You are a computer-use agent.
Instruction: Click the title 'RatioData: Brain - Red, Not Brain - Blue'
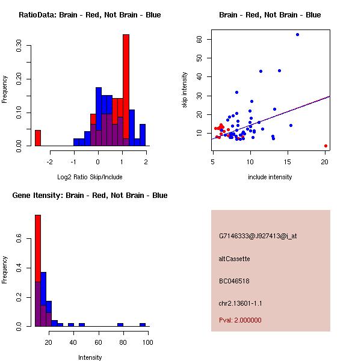pyautogui.click(x=90, y=15)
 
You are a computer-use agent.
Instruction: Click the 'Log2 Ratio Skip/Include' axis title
pyautogui.click(x=90, y=177)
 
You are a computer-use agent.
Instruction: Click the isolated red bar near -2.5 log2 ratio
pyautogui.click(x=38, y=138)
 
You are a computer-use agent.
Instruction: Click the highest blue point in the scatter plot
pyautogui.click(x=297, y=34)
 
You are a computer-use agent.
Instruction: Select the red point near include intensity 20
pyautogui.click(x=326, y=146)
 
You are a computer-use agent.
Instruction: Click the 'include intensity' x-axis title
pyautogui.click(x=270, y=177)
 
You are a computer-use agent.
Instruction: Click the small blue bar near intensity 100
pyautogui.click(x=143, y=324)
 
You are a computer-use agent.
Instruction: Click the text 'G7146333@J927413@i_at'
pyautogui.click(x=258, y=236)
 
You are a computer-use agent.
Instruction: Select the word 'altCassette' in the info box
pyautogui.click(x=234, y=259)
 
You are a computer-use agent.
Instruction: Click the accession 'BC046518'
pyautogui.click(x=234, y=281)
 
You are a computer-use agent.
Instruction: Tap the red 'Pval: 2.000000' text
pyautogui.click(x=240, y=320)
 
